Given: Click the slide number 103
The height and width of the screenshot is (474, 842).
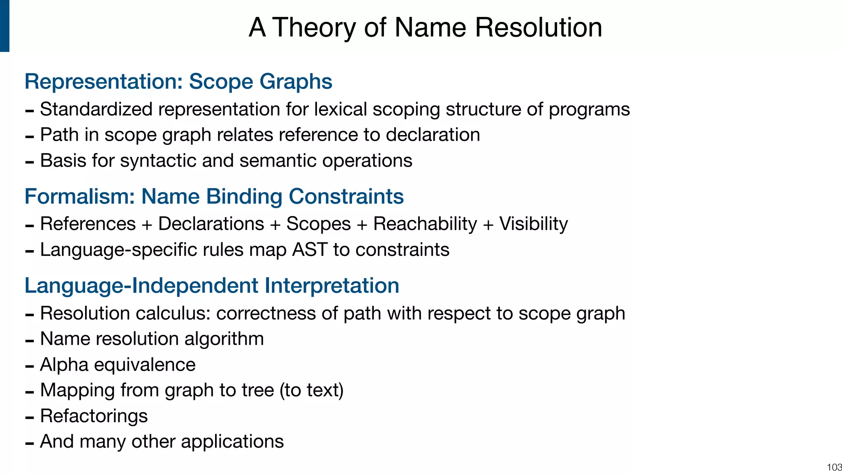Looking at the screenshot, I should (834, 467).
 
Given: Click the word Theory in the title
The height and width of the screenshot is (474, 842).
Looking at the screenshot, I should (315, 28).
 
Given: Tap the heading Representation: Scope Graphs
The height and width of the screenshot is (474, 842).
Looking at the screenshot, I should (178, 81).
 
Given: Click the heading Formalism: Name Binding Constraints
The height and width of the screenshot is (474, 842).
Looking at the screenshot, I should (214, 196).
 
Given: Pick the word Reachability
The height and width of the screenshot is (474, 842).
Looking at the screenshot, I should (425, 224).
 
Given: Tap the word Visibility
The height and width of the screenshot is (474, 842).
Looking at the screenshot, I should (533, 224).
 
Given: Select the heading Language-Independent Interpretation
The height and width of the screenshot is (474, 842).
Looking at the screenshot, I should (212, 286).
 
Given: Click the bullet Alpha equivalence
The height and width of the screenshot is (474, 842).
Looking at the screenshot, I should (118, 365).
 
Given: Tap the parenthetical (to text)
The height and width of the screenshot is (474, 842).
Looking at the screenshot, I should (311, 390).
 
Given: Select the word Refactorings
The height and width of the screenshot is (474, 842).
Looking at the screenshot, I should (94, 416).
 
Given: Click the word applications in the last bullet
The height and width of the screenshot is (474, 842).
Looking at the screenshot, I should (232, 441).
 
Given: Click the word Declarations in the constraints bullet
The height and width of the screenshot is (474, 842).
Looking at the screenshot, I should (211, 224).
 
